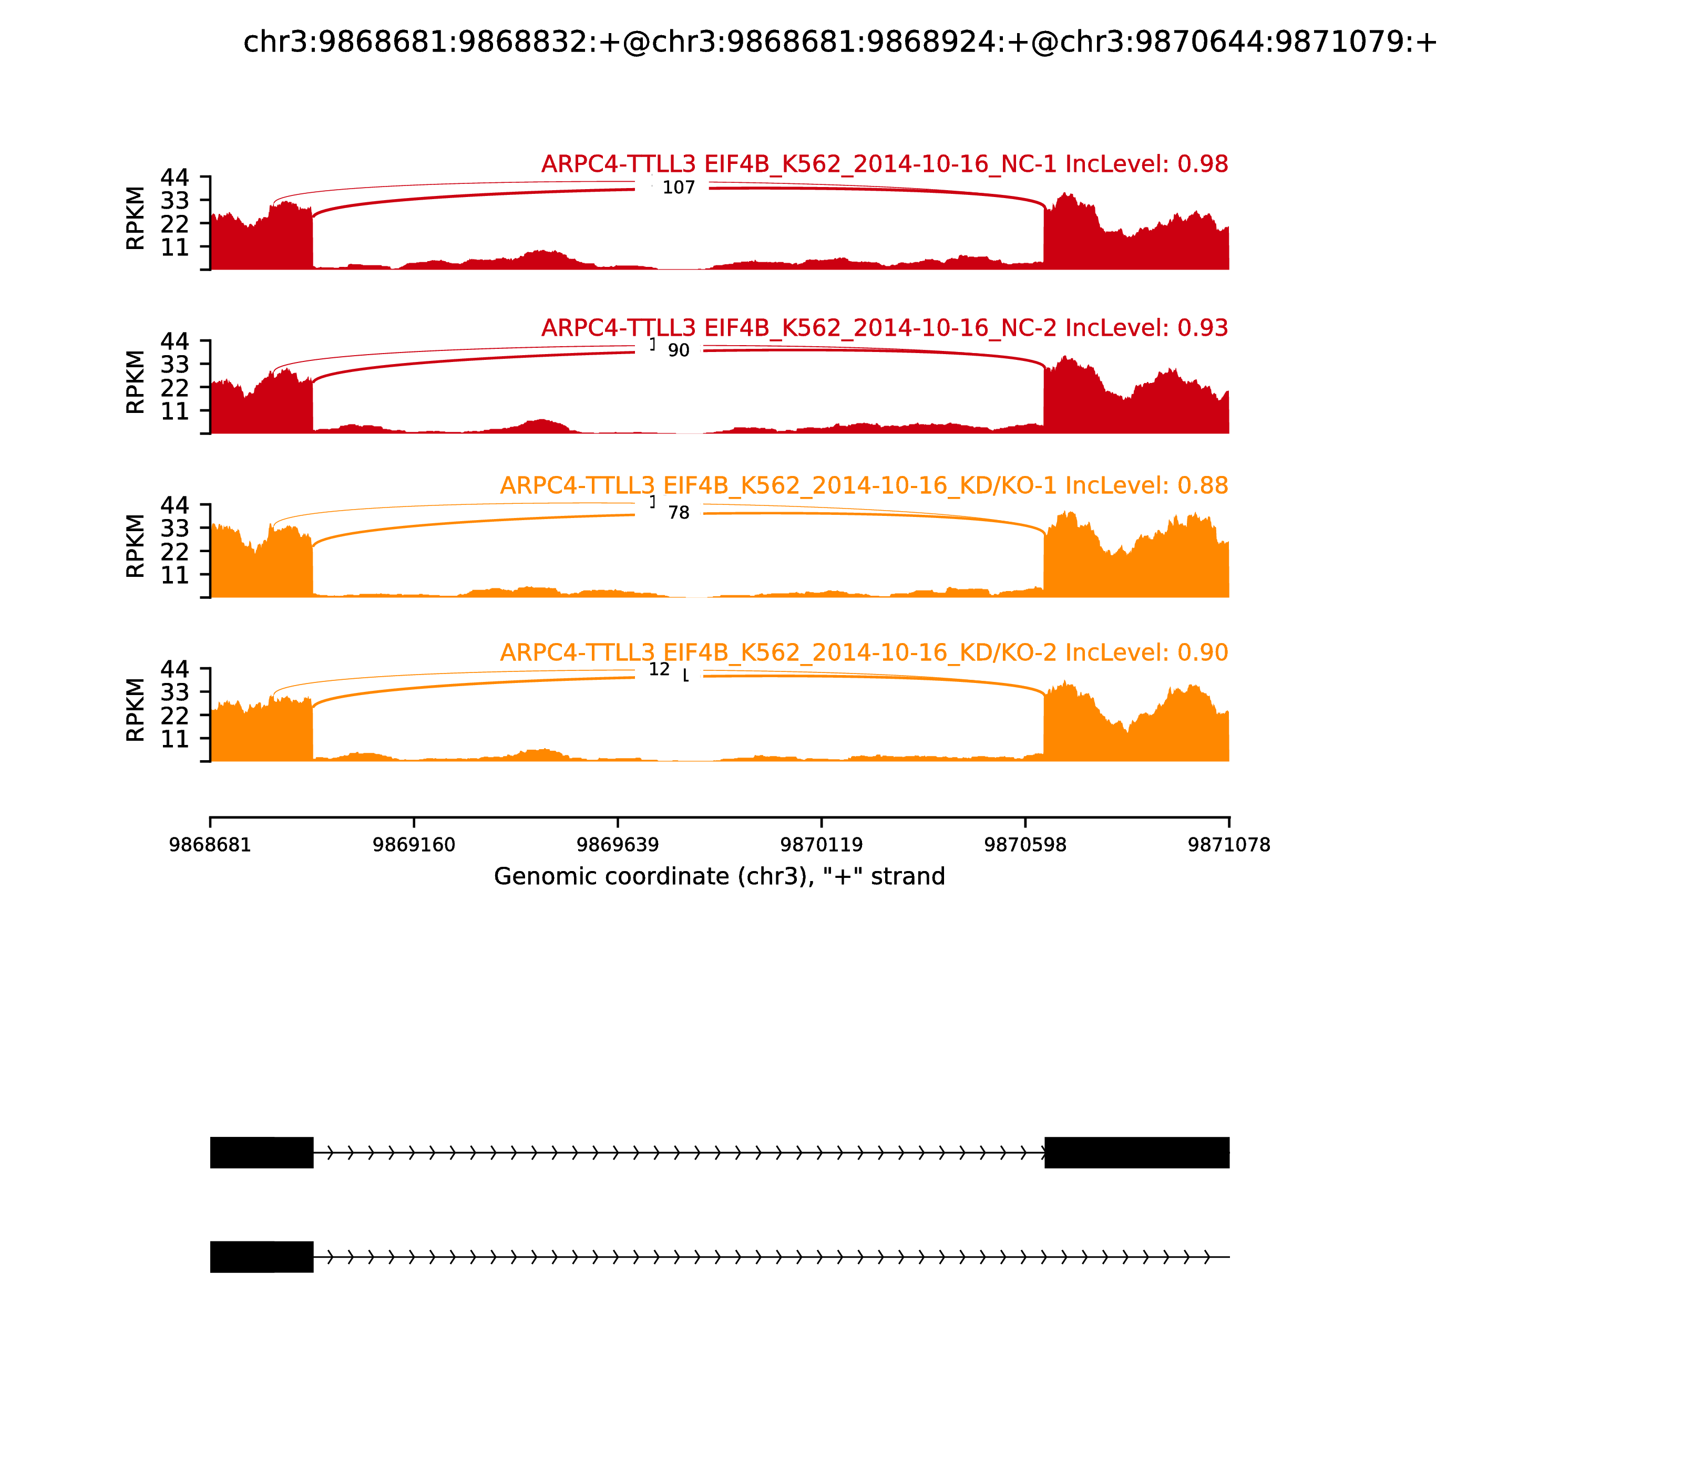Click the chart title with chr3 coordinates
pyautogui.click(x=840, y=43)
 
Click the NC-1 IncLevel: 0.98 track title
pyautogui.click(x=884, y=164)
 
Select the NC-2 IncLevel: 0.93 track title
pyautogui.click(x=884, y=328)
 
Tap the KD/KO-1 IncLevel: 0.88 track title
pyautogui.click(x=864, y=486)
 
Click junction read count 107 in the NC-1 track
pyautogui.click(x=679, y=188)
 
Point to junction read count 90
pyautogui.click(x=679, y=351)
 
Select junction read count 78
pyautogui.click(x=679, y=514)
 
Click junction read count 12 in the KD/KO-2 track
pyautogui.click(x=659, y=670)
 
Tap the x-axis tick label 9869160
pyautogui.click(x=414, y=845)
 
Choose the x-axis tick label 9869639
pyautogui.click(x=618, y=845)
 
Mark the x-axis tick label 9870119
pyautogui.click(x=821, y=845)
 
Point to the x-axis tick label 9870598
pyautogui.click(x=1025, y=845)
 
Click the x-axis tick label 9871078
pyautogui.click(x=1229, y=845)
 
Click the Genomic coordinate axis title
pyautogui.click(x=720, y=877)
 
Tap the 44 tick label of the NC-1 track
pyautogui.click(x=174, y=178)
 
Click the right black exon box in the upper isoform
pyautogui.click(x=1136, y=1153)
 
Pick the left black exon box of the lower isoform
pyautogui.click(x=261, y=1257)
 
